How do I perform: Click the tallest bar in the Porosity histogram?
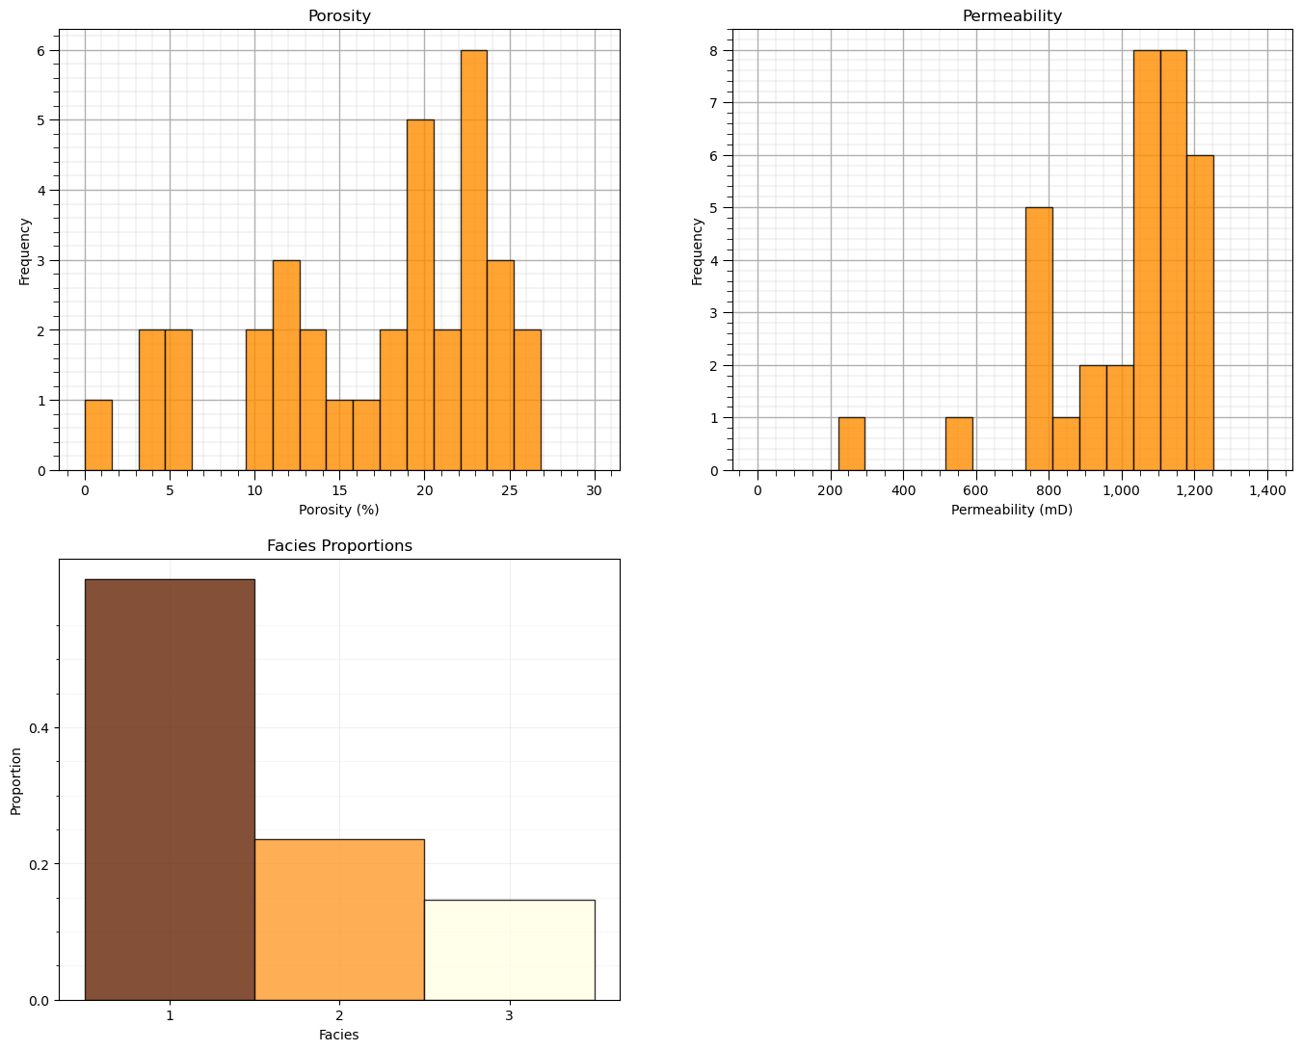point(473,260)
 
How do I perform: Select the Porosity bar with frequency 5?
point(420,295)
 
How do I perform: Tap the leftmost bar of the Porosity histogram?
point(98,435)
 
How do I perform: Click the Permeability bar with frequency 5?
point(1039,339)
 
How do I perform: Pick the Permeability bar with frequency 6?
point(1200,313)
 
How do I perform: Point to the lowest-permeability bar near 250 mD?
point(851,444)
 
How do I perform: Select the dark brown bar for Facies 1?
point(170,789)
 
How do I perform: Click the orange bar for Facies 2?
point(339,919)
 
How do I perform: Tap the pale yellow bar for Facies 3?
point(509,950)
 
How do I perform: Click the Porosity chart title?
point(339,16)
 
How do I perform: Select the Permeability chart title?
point(1012,16)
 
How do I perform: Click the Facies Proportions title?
point(339,546)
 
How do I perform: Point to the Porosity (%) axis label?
point(339,510)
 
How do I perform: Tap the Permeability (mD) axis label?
point(1012,510)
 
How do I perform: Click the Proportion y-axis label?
point(16,780)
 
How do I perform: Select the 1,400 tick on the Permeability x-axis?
point(1266,491)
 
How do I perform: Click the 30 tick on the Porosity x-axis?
point(594,491)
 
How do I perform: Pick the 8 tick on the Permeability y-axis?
point(714,50)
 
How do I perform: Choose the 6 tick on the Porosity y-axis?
point(41,50)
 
